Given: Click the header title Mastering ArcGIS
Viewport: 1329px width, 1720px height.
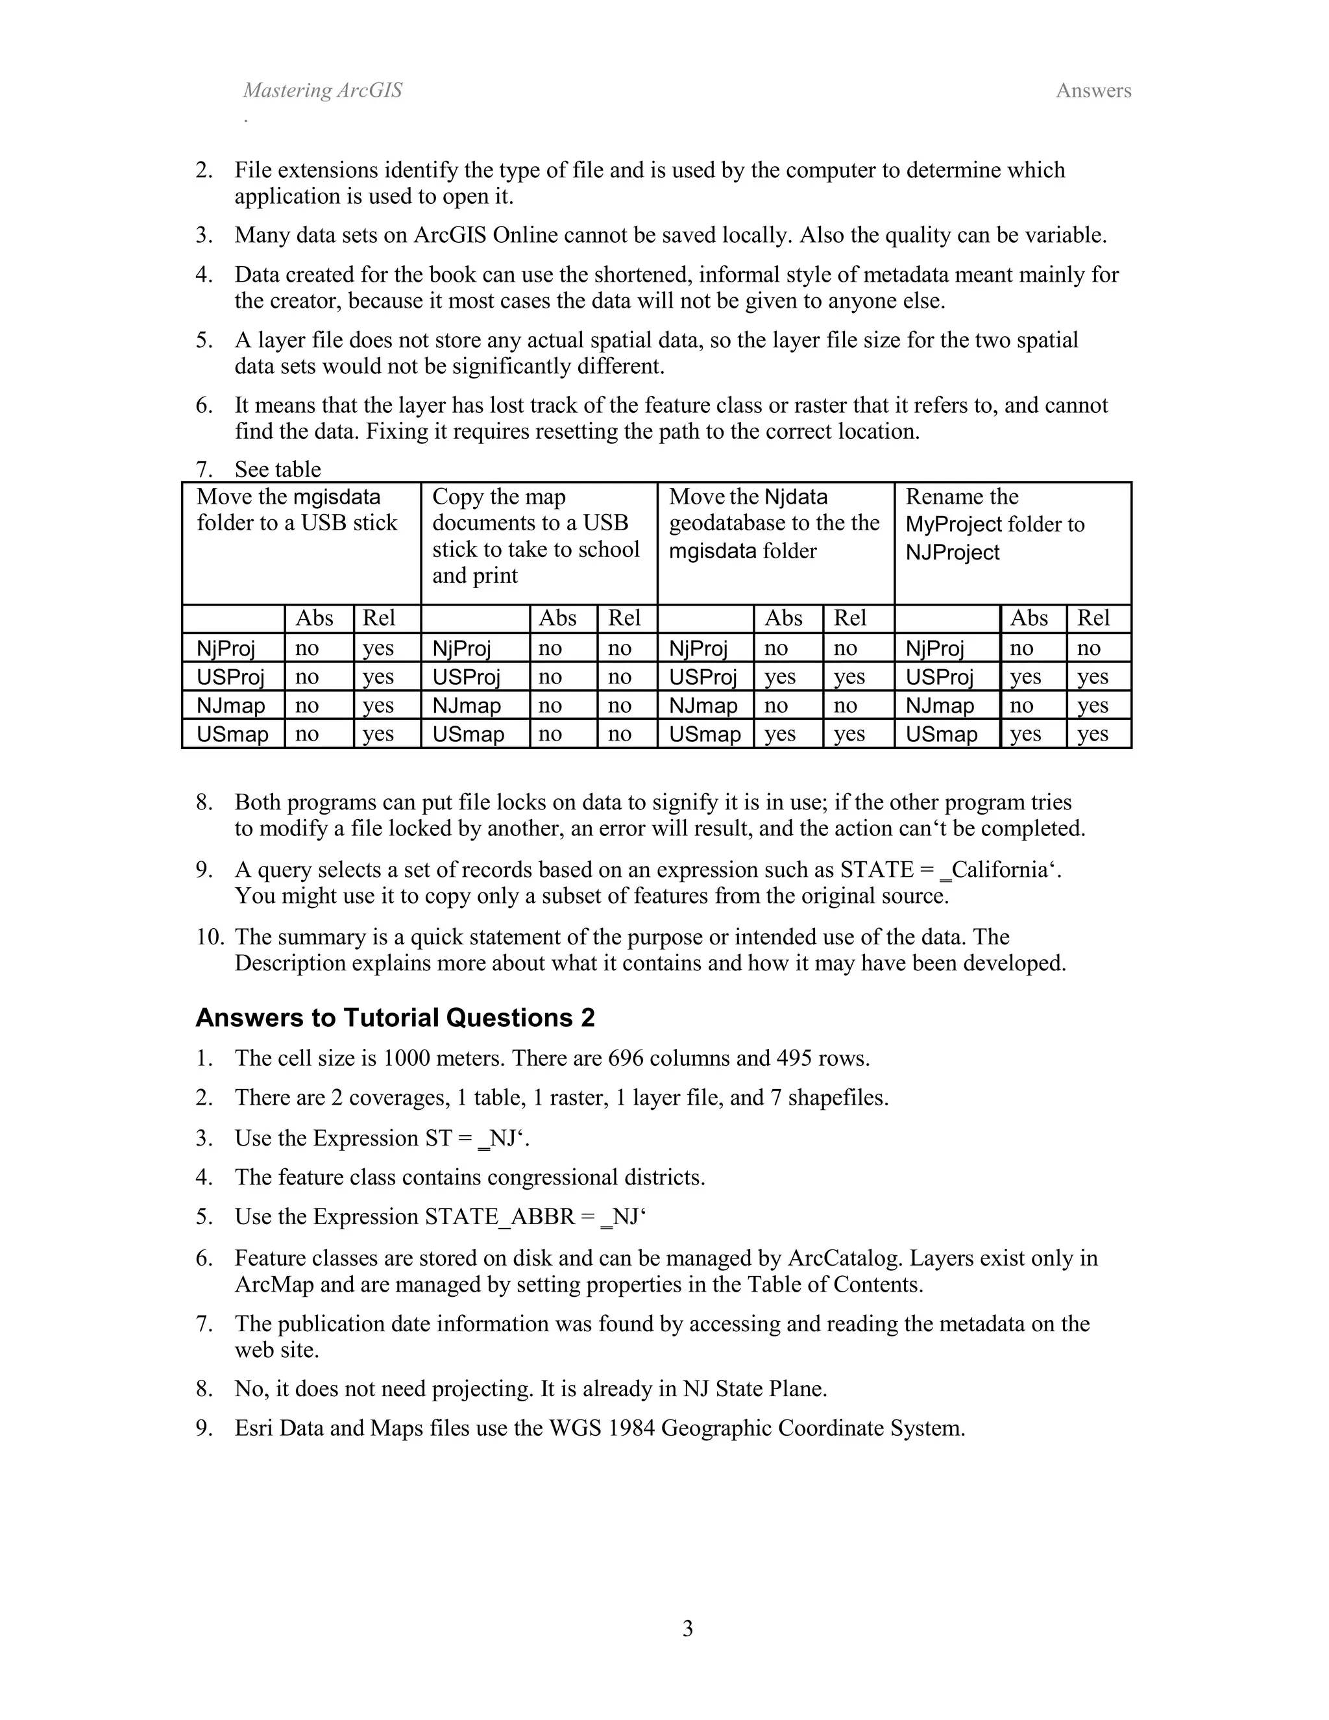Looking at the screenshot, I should (x=322, y=91).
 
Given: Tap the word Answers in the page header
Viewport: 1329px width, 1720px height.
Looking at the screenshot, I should (x=1093, y=91).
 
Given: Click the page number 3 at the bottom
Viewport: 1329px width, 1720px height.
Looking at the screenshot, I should (x=687, y=1628).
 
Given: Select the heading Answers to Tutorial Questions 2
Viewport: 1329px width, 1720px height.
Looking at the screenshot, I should (x=395, y=1018).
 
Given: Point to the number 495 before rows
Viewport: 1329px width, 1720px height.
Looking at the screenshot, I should (x=794, y=1058).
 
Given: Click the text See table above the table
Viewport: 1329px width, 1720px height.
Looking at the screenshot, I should (x=277, y=469).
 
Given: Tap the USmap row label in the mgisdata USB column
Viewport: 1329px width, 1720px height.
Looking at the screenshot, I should (x=232, y=734).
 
